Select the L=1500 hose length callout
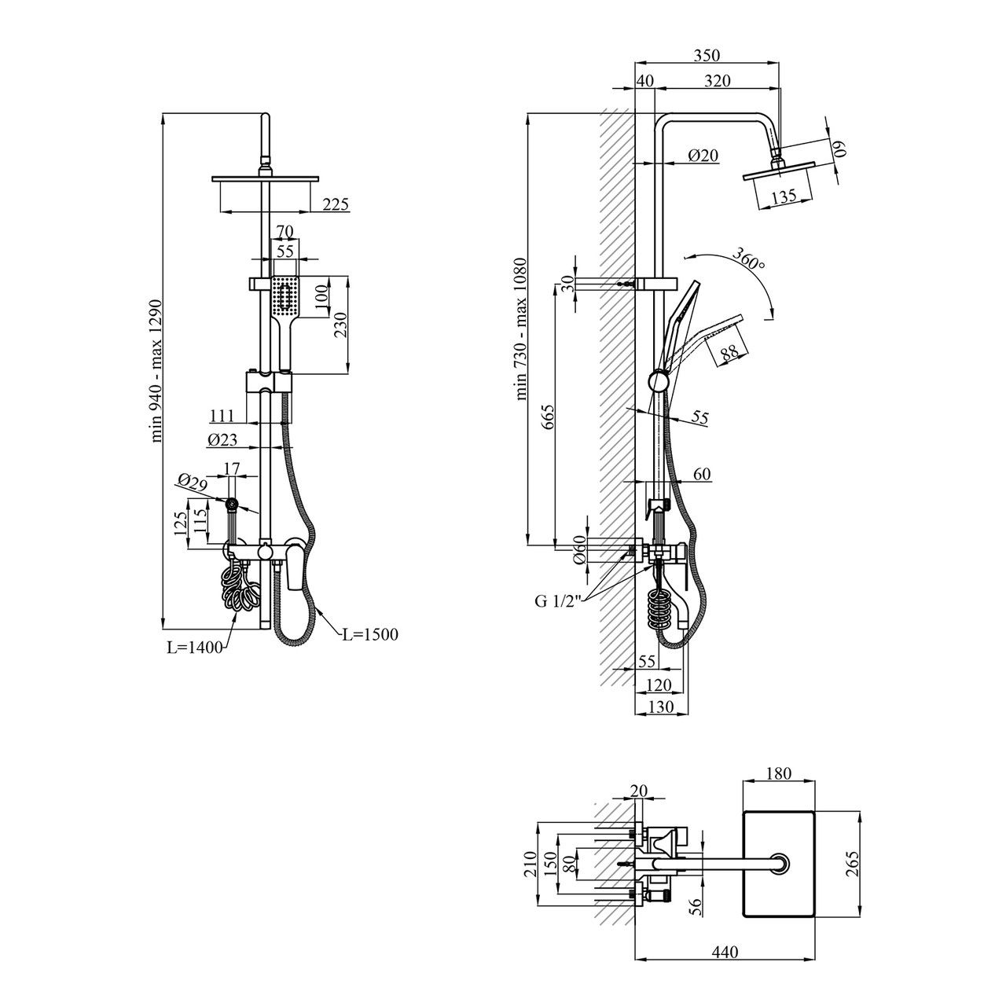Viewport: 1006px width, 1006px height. tap(370, 634)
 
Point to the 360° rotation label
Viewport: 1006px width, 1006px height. tap(747, 259)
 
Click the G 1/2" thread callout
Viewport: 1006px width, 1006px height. tap(556, 602)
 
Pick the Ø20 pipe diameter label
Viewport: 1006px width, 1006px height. tap(703, 156)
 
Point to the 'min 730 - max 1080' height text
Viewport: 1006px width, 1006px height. tap(521, 330)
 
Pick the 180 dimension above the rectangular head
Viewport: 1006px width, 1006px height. tap(779, 774)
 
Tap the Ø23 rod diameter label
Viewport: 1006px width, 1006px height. tap(222, 442)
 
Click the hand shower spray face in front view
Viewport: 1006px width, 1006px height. tap(284, 298)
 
